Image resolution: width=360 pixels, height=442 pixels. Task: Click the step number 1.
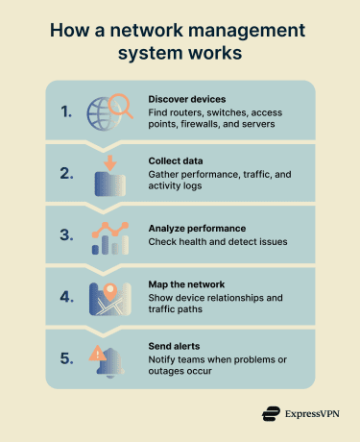click(x=64, y=111)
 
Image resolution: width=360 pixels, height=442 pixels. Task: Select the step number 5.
click(x=64, y=358)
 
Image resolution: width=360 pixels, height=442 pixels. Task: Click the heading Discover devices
click(x=186, y=99)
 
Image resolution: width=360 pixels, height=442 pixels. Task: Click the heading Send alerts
click(x=176, y=345)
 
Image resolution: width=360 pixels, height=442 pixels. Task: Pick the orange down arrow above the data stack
click(x=110, y=162)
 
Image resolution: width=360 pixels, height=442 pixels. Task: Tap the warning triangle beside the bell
click(x=98, y=355)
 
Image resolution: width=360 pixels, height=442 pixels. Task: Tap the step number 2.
click(x=64, y=174)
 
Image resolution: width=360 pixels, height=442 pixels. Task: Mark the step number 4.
click(x=64, y=297)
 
